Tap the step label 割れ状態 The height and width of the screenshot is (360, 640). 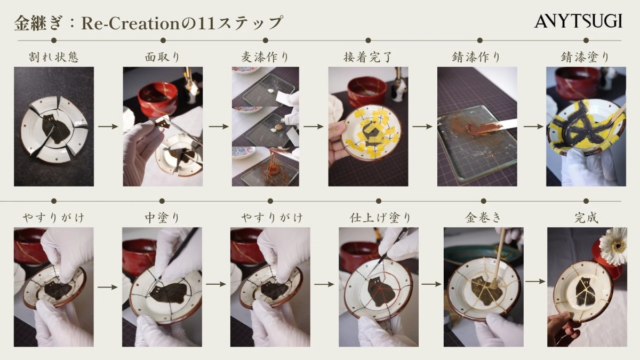pyautogui.click(x=54, y=57)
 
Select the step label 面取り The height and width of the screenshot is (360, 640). pyautogui.click(x=162, y=57)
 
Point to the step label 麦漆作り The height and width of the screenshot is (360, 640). pyautogui.click(x=265, y=57)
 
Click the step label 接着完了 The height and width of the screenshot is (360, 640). pyautogui.click(x=368, y=57)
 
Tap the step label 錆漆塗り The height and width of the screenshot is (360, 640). pyautogui.click(x=585, y=57)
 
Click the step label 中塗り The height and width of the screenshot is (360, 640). pyautogui.click(x=162, y=218)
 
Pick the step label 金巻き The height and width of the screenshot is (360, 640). pyautogui.click(x=483, y=218)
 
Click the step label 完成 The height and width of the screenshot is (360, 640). pyautogui.click(x=586, y=218)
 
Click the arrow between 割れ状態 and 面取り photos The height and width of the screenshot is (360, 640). pyautogui.click(x=108, y=127)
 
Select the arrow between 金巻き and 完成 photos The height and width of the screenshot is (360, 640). pyautogui.click(x=535, y=281)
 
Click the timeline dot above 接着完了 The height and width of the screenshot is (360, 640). pyautogui.click(x=368, y=41)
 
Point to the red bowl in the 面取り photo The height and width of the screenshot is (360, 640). pyautogui.click(x=157, y=99)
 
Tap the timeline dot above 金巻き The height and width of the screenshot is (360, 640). pyautogui.click(x=483, y=201)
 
